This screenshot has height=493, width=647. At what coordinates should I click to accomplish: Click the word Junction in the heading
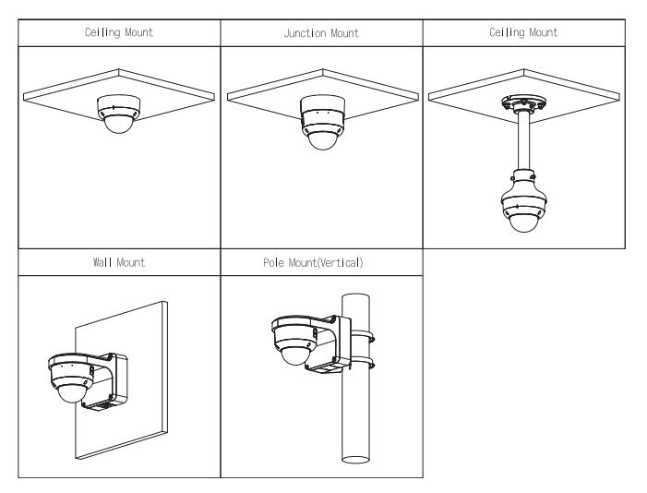point(304,33)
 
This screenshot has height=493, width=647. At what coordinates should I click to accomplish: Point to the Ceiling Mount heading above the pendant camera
point(523,32)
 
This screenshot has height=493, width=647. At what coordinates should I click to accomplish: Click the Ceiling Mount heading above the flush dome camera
point(119,32)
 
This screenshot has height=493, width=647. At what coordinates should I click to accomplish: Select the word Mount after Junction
point(343,33)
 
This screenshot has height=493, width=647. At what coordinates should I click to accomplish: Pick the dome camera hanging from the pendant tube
point(523,202)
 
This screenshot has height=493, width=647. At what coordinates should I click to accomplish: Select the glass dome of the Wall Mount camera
point(70,391)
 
